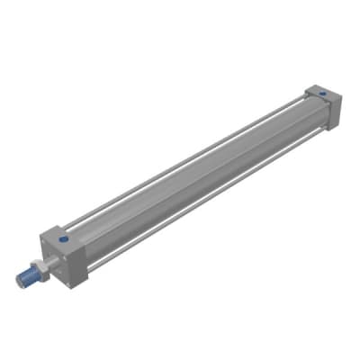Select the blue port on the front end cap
(63, 240)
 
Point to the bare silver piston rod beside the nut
(49, 266)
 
